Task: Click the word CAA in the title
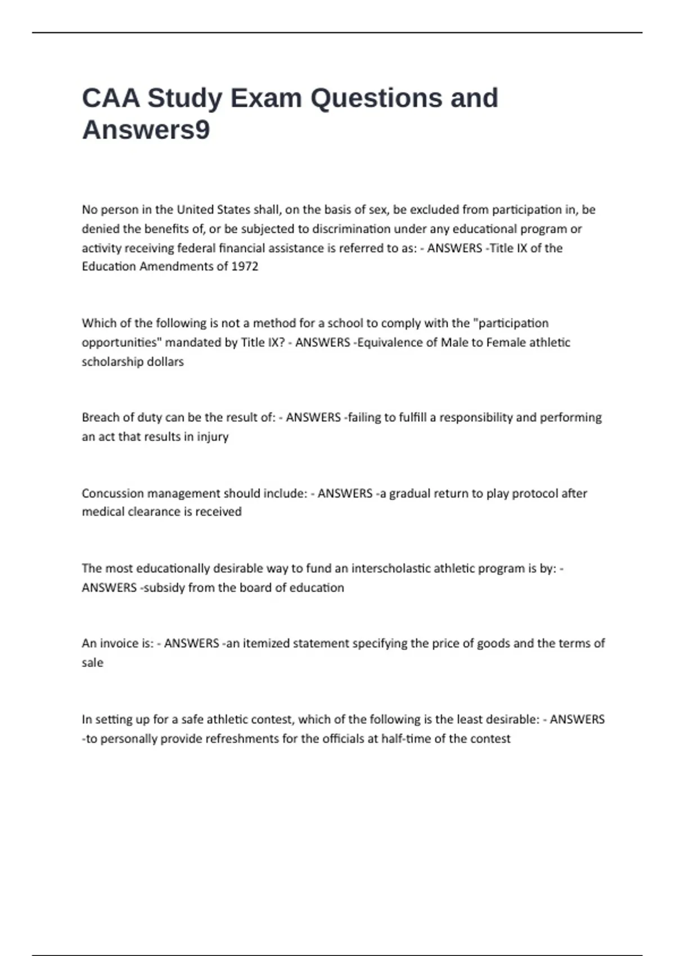[111, 98]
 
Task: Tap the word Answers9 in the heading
[146, 130]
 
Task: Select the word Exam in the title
[266, 98]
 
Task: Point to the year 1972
[245, 267]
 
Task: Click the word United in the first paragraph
[195, 210]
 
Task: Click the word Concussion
[112, 493]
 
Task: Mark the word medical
[101, 512]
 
